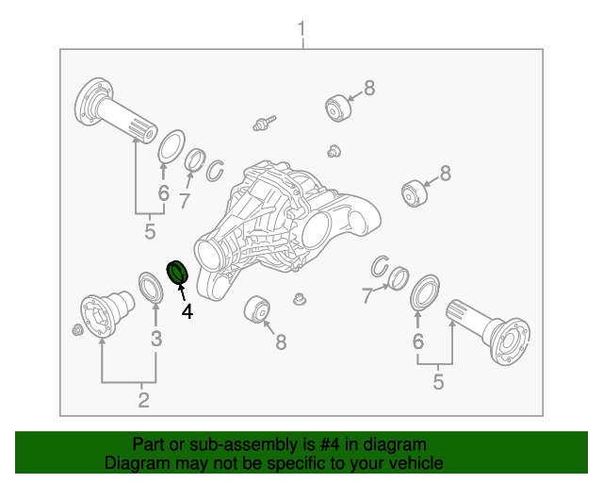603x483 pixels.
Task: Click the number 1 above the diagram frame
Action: click(x=301, y=30)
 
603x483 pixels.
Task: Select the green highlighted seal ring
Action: click(x=177, y=273)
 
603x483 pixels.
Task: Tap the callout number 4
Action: click(x=187, y=310)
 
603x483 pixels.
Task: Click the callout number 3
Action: click(x=156, y=339)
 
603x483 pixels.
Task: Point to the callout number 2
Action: click(x=143, y=400)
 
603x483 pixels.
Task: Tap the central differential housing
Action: click(x=283, y=226)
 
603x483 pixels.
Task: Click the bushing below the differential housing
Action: click(x=257, y=309)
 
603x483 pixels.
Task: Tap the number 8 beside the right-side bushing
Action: click(x=445, y=173)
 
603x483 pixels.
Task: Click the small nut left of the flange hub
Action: click(x=76, y=329)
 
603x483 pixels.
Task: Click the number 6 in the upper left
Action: click(x=164, y=194)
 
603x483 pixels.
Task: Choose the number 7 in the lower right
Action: click(x=368, y=296)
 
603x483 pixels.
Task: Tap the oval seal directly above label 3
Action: click(x=150, y=289)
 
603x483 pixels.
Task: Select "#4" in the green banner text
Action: click(x=332, y=444)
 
